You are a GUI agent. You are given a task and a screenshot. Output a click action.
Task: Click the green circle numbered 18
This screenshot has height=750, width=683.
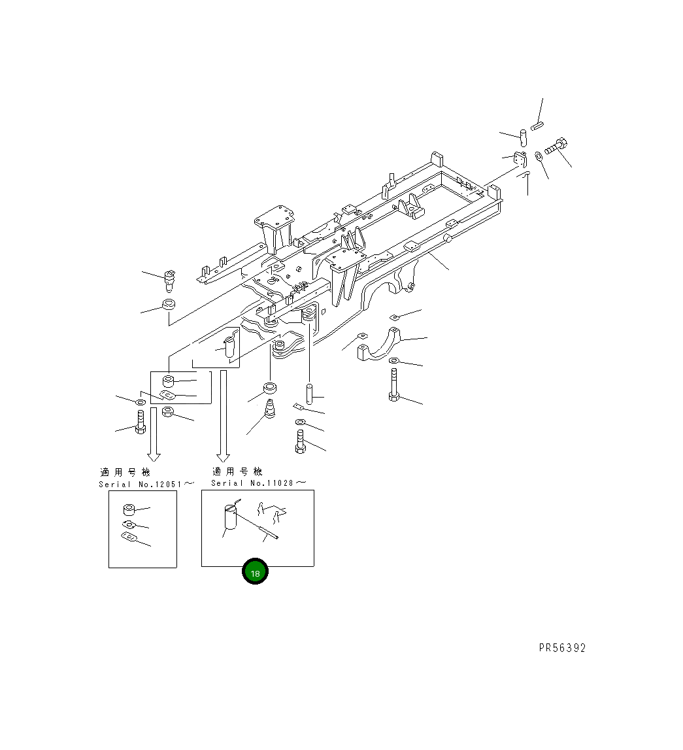click(255, 573)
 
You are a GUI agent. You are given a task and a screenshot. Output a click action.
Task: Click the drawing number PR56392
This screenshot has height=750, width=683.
click(562, 648)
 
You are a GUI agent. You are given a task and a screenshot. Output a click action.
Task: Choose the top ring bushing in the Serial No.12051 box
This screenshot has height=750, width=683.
click(129, 510)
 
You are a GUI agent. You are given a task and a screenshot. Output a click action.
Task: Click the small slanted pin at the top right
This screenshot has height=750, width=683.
click(537, 126)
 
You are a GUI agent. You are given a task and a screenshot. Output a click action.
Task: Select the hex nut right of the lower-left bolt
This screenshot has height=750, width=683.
click(167, 413)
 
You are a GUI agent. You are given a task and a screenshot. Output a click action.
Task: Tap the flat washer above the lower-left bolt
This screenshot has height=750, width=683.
click(141, 400)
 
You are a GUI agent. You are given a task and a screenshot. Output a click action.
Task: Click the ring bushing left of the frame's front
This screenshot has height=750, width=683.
click(169, 305)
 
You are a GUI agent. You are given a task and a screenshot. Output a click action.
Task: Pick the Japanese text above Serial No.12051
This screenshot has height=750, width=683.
click(125, 472)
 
